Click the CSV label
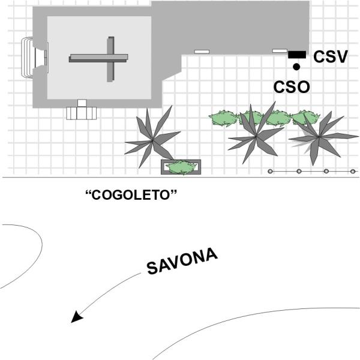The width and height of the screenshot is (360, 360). click(x=331, y=56)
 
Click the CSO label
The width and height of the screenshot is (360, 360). click(x=292, y=87)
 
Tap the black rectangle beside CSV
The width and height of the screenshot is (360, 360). click(x=297, y=55)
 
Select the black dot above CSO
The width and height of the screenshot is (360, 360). click(x=296, y=67)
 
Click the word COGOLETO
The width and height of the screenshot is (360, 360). click(x=131, y=195)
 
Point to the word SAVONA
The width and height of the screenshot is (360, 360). click(x=182, y=261)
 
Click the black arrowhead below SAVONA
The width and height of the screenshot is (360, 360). click(x=77, y=317)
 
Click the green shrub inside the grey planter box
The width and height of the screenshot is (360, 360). click(x=181, y=167)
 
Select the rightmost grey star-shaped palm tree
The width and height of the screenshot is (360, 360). click(x=319, y=137)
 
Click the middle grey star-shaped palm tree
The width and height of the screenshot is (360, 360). click(x=256, y=136)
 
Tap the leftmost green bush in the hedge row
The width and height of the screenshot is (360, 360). click(x=223, y=118)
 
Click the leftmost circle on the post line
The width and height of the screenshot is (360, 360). click(x=270, y=171)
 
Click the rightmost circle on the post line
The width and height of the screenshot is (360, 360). click(x=353, y=171)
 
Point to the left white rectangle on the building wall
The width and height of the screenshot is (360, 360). click(x=202, y=52)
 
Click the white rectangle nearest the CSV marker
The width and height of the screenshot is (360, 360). click(x=280, y=51)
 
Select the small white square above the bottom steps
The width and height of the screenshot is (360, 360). click(x=82, y=103)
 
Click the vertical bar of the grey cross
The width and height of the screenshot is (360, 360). click(x=110, y=59)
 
